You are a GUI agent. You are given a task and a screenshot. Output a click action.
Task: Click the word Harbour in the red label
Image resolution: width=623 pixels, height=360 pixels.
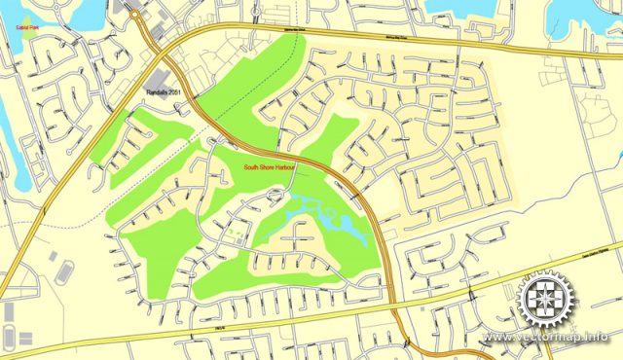tap(283, 168)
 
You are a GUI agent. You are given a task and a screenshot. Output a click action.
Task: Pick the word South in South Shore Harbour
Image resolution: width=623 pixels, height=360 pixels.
tap(250, 168)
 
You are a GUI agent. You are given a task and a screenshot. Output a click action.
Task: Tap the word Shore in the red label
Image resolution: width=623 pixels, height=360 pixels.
tap(266, 168)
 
